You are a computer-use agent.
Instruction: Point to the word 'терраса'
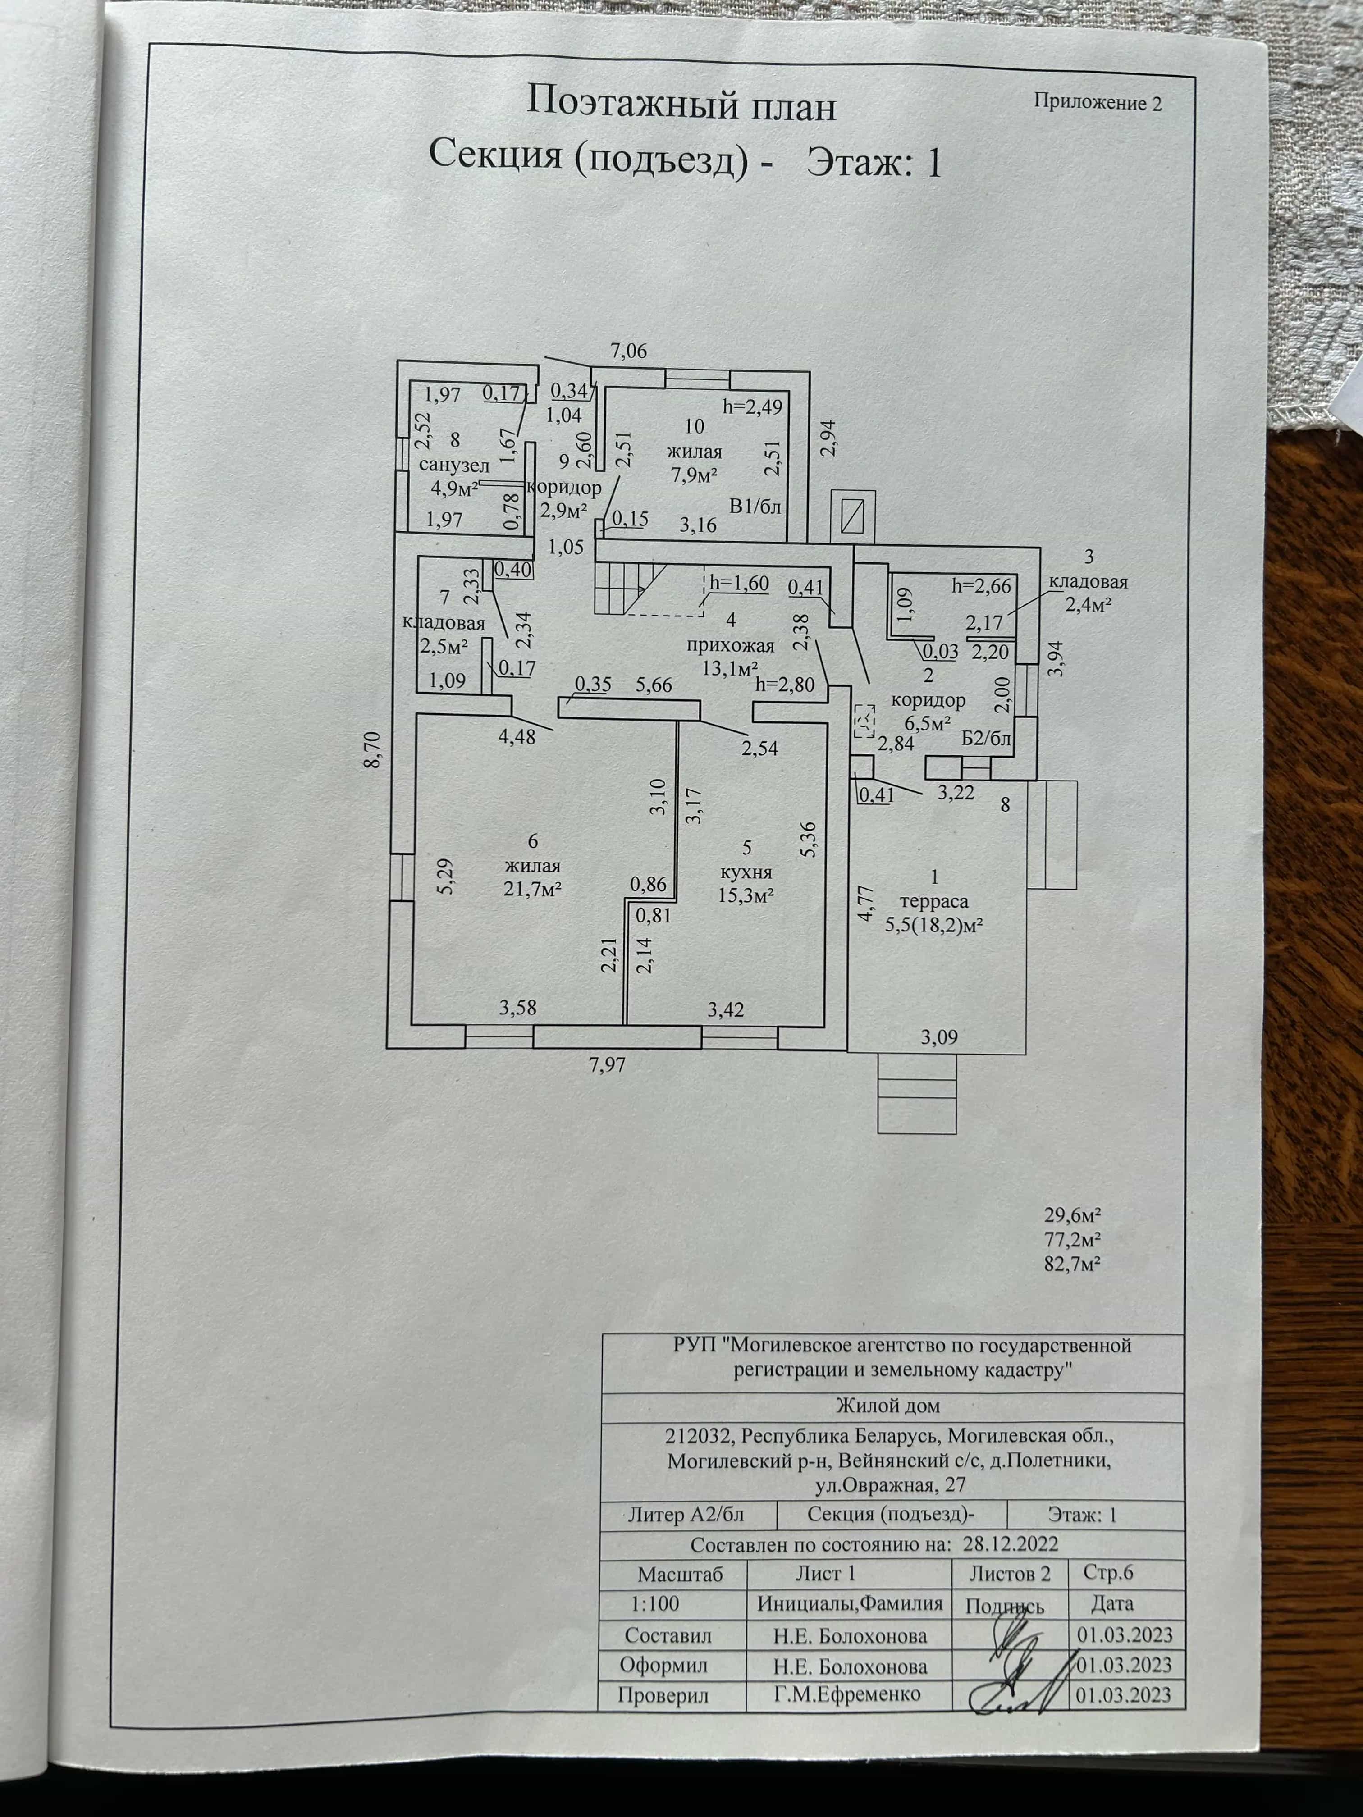click(x=935, y=901)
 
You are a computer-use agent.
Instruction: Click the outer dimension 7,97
click(x=607, y=1066)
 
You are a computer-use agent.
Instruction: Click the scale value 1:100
click(x=655, y=1603)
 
